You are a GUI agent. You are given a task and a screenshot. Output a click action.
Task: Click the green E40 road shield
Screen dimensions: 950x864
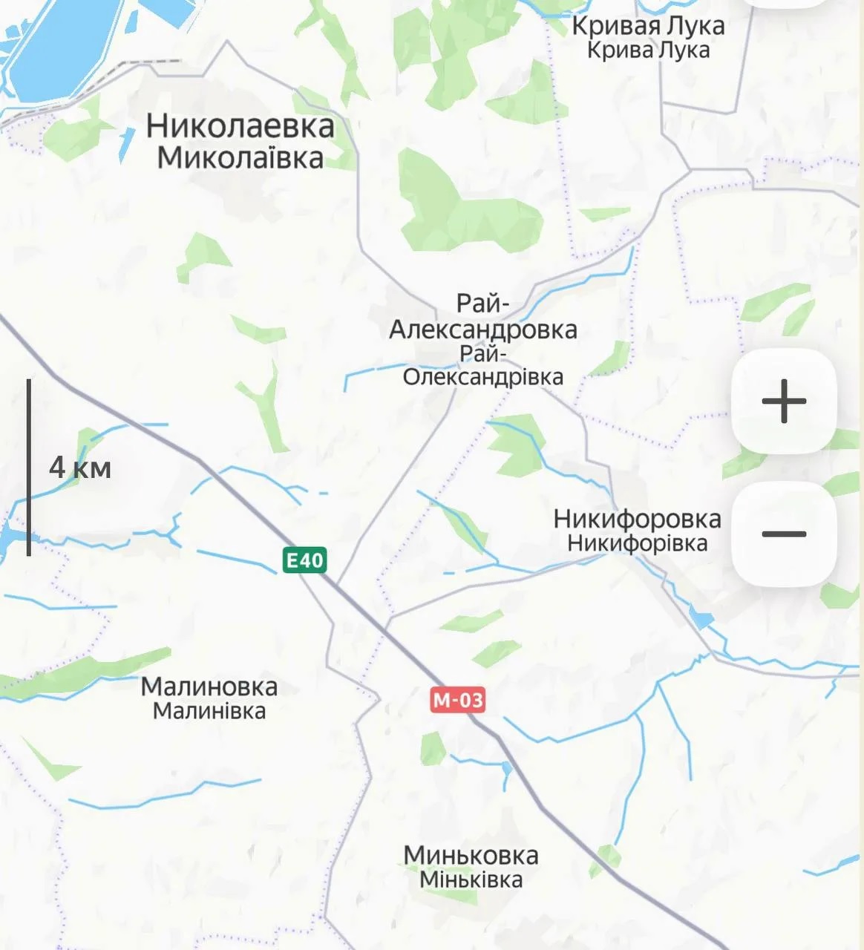[x=305, y=560]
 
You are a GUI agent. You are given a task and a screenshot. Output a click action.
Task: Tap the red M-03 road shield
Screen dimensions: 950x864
[x=457, y=700]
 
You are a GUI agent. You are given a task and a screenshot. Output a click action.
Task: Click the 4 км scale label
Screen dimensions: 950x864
[x=80, y=468]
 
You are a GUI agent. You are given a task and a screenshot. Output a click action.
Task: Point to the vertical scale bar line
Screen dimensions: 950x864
[x=29, y=468]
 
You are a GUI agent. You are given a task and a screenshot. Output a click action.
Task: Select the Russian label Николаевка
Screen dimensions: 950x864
[x=240, y=126]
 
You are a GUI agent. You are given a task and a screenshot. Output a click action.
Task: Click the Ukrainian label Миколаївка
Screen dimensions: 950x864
[x=240, y=158]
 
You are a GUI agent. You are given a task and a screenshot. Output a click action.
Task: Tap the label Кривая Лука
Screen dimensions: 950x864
[x=648, y=26]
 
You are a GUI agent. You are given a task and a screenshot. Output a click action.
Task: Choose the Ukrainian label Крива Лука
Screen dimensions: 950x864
[x=648, y=50]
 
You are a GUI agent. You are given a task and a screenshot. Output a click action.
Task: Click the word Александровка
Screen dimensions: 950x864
[x=483, y=330]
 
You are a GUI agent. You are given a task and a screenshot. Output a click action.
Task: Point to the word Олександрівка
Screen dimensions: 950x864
[x=483, y=377]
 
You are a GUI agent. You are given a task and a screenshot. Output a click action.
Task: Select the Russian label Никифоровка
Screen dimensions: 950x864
[x=637, y=519]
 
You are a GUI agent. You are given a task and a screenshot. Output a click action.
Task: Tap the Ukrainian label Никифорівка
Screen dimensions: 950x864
[x=637, y=543]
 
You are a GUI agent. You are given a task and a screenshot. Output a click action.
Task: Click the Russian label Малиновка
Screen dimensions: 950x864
[x=209, y=687]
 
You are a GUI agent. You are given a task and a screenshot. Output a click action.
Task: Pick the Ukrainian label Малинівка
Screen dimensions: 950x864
[x=209, y=711]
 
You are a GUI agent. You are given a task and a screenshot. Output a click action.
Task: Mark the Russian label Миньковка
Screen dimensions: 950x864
[x=471, y=855]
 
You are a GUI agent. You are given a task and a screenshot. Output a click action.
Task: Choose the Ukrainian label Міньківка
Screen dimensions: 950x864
[x=471, y=879]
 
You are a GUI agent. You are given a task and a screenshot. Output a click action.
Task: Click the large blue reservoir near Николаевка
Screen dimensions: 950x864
[x=63, y=45]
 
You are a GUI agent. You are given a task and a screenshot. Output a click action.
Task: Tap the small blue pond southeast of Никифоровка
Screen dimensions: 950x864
[x=700, y=618]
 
